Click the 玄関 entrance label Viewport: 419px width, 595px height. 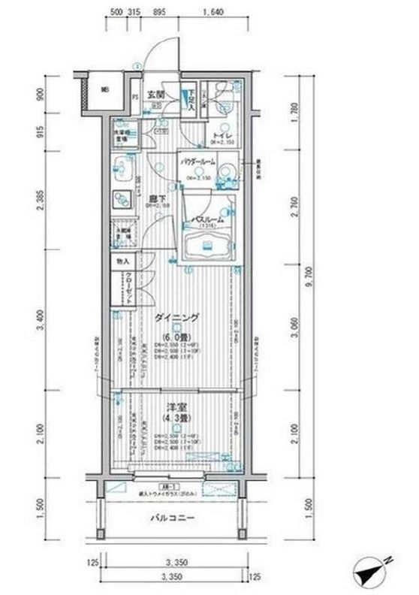point(155,95)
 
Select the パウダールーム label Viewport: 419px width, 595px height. point(197,162)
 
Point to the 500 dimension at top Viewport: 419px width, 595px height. point(116,12)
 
